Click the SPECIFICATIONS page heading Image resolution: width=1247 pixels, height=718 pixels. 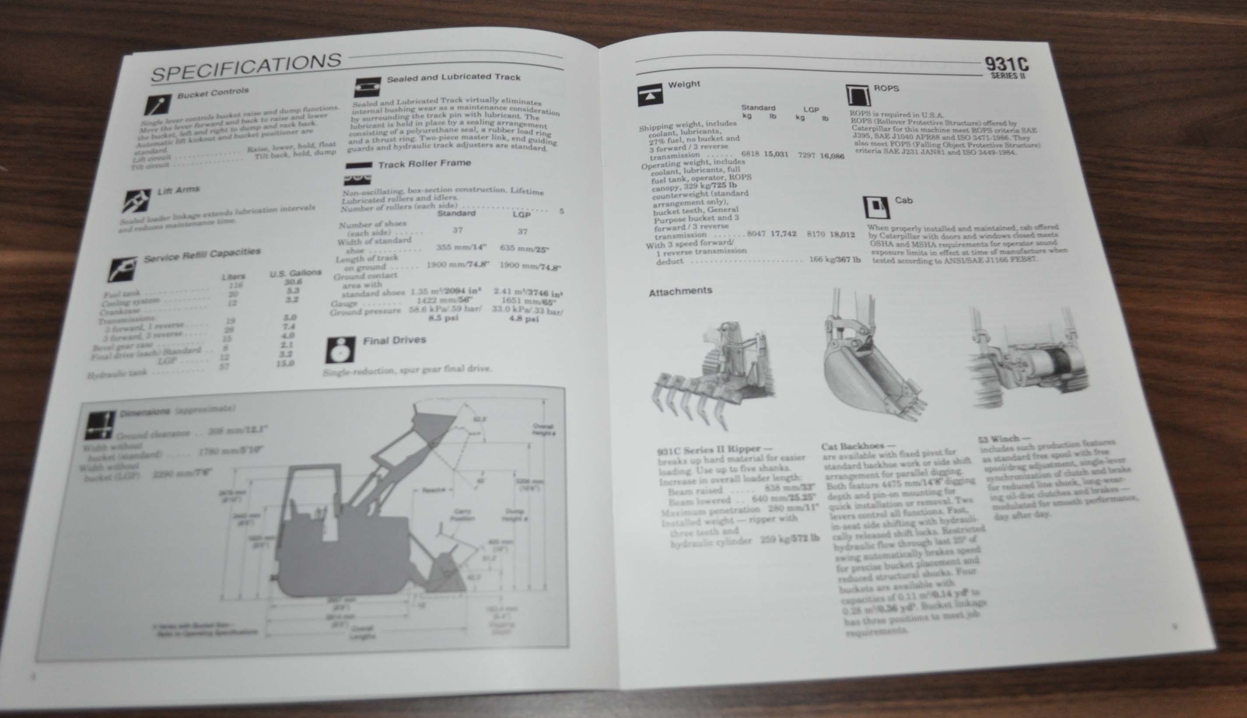point(245,67)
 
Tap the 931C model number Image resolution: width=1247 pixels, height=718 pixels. point(1006,65)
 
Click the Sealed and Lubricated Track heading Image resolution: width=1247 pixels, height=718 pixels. point(453,77)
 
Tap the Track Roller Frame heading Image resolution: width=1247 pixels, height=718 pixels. point(424,163)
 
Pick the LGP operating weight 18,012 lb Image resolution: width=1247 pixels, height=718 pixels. point(842,234)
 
